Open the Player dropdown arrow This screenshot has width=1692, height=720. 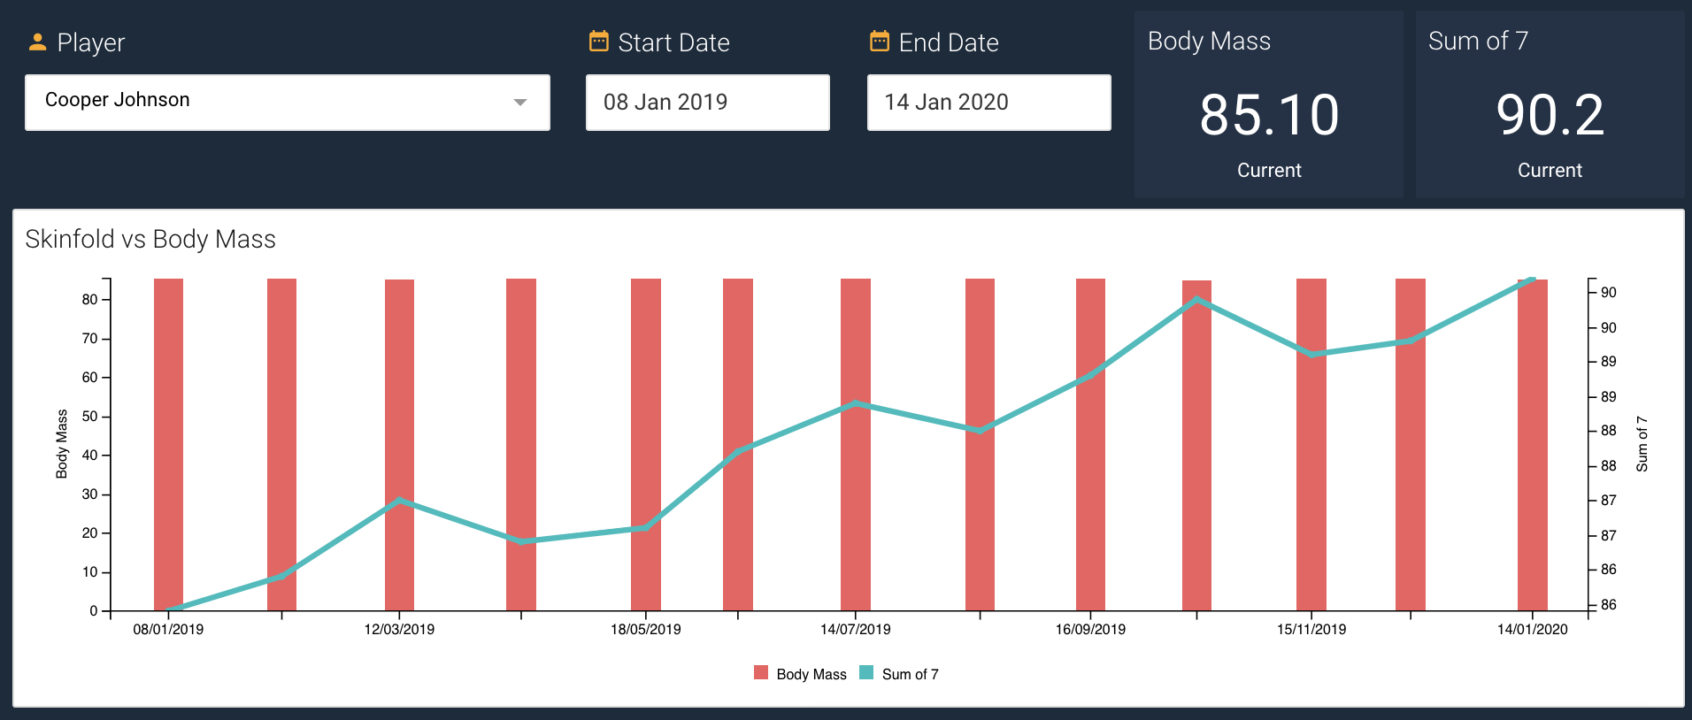tap(520, 103)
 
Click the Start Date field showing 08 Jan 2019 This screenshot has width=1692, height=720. tap(707, 103)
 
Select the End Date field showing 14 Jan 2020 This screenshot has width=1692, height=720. tap(988, 103)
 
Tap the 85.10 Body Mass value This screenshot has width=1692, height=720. tap(1269, 115)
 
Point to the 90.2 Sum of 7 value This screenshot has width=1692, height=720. tap(1550, 115)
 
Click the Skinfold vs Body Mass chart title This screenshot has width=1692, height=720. tap(150, 239)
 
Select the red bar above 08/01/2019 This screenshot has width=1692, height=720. tap(168, 442)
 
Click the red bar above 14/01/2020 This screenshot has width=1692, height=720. tap(1532, 442)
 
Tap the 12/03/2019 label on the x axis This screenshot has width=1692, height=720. tap(399, 630)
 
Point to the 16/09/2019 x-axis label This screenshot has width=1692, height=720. tap(1090, 630)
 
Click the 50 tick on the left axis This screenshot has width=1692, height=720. tap(90, 417)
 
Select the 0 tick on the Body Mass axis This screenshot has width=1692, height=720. tap(93, 611)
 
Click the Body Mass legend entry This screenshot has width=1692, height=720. tap(800, 674)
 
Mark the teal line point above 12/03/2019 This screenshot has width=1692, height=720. tap(399, 501)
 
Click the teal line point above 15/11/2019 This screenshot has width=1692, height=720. tap(1311, 354)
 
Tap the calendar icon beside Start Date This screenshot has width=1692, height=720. tap(599, 42)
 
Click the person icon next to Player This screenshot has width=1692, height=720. tap(37, 42)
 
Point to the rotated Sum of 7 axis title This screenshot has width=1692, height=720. tap(1642, 444)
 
